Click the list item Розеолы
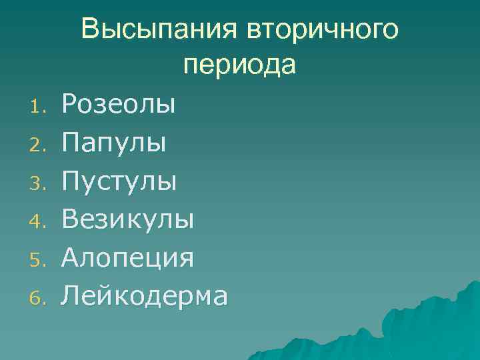[119, 103]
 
